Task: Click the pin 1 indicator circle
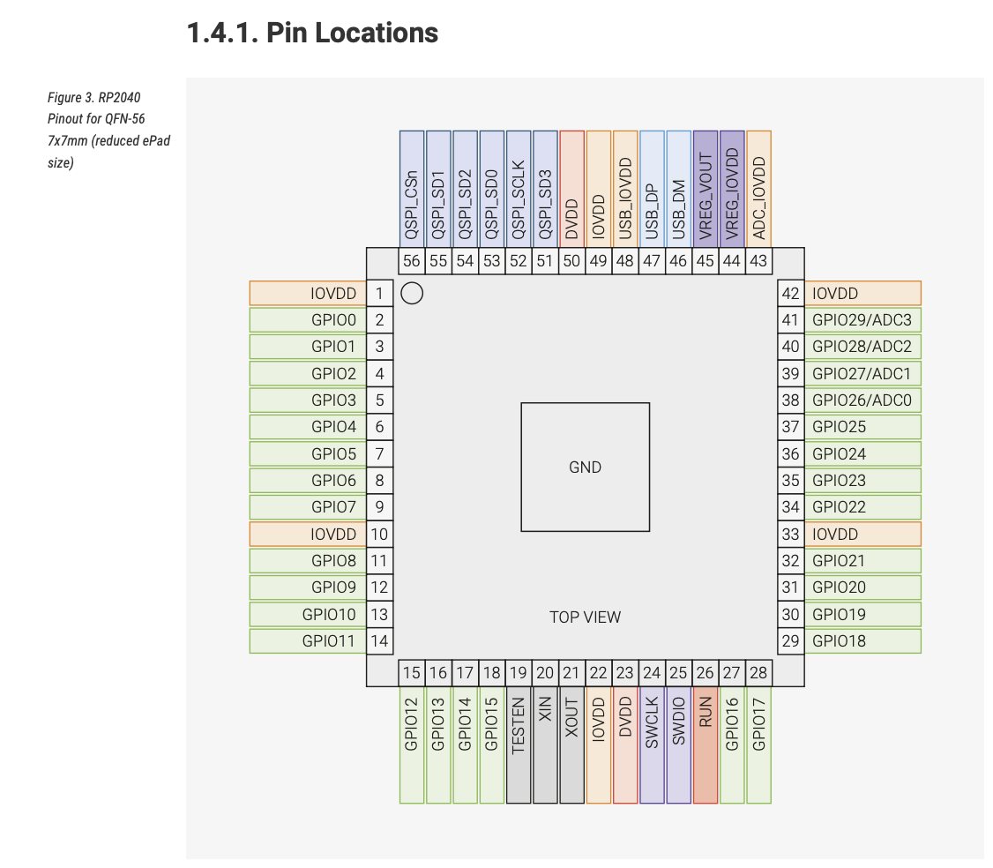pos(412,294)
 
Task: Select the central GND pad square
pos(585,467)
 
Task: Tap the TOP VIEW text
pos(585,617)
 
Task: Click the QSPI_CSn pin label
pos(412,188)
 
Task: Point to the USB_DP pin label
pos(652,188)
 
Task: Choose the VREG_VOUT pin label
pos(706,188)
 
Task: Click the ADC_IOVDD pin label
pos(758,188)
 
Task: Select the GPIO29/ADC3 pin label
pos(862,320)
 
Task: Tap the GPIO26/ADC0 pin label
pos(862,400)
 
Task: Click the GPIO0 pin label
pos(308,320)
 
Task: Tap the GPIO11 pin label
pos(308,641)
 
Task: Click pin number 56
pos(412,261)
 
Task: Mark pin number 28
pos(758,673)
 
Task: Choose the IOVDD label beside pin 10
pos(308,534)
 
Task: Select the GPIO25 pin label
pos(862,427)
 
